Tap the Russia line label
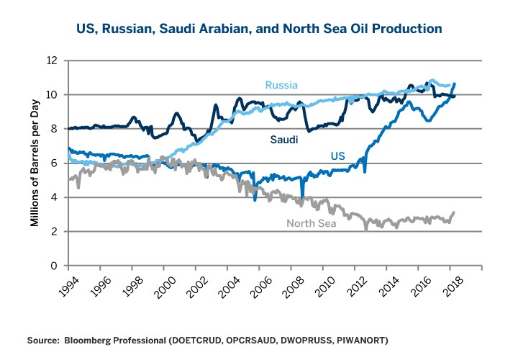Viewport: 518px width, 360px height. pyautogui.click(x=281, y=86)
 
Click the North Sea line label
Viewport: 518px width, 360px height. pyautogui.click(x=312, y=222)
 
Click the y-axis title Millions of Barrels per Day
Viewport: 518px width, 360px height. pyautogui.click(x=34, y=163)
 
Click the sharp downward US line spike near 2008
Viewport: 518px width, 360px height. pyautogui.click(x=302, y=194)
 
